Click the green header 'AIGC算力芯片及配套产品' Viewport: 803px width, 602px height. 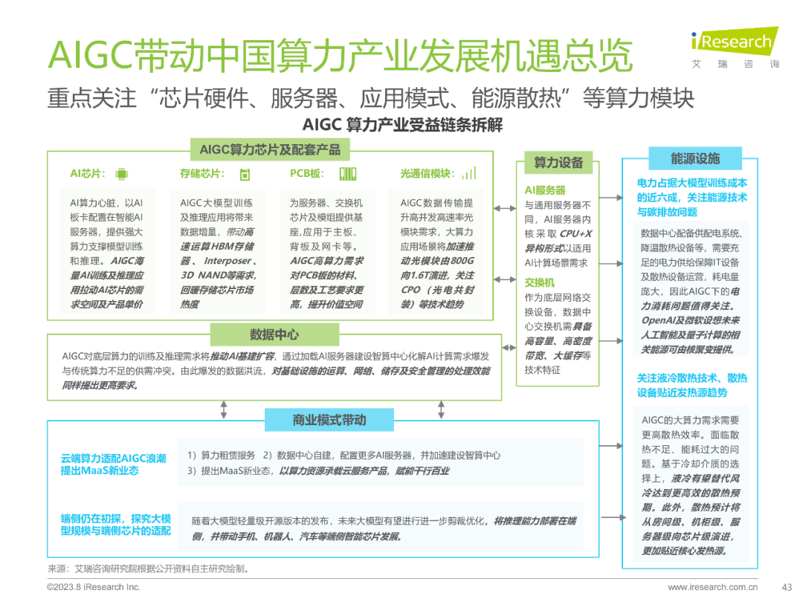tap(270, 150)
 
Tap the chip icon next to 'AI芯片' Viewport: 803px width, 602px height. tap(121, 175)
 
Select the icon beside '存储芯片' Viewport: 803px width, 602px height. tap(245, 175)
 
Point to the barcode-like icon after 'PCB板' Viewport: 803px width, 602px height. tap(348, 175)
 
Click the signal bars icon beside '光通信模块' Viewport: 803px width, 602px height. tap(468, 175)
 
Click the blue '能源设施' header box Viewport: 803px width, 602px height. tap(695, 158)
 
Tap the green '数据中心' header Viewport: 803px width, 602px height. tap(274, 334)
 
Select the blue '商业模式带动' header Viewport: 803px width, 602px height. tap(329, 421)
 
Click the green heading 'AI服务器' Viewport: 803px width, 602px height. tap(545, 190)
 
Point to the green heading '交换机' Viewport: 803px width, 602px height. tap(540, 282)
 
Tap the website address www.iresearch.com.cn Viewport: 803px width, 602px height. tap(713, 587)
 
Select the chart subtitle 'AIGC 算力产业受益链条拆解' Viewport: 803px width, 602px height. tap(402, 125)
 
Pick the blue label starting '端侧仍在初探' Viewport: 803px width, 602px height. tap(116, 525)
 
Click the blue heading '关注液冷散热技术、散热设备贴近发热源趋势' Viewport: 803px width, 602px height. tap(691, 385)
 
